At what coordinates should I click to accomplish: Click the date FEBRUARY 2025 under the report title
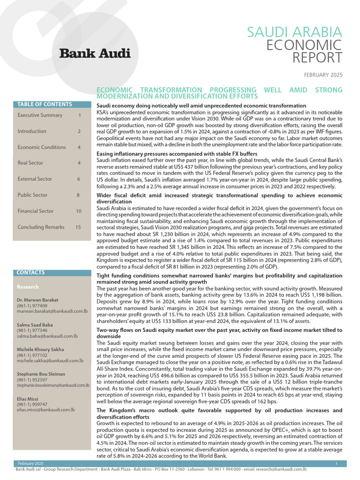(324, 75)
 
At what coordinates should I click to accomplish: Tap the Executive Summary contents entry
(40, 115)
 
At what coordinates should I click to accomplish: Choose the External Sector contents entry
(35, 179)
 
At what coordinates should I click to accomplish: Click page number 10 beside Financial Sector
(79, 211)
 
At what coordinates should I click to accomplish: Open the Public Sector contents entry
(32, 195)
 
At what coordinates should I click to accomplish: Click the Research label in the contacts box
(28, 287)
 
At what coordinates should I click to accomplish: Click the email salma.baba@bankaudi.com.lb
(47, 337)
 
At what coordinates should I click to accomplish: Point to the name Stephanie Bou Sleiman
(41, 374)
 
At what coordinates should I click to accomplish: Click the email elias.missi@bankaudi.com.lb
(45, 410)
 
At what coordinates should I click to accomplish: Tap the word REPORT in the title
(318, 58)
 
